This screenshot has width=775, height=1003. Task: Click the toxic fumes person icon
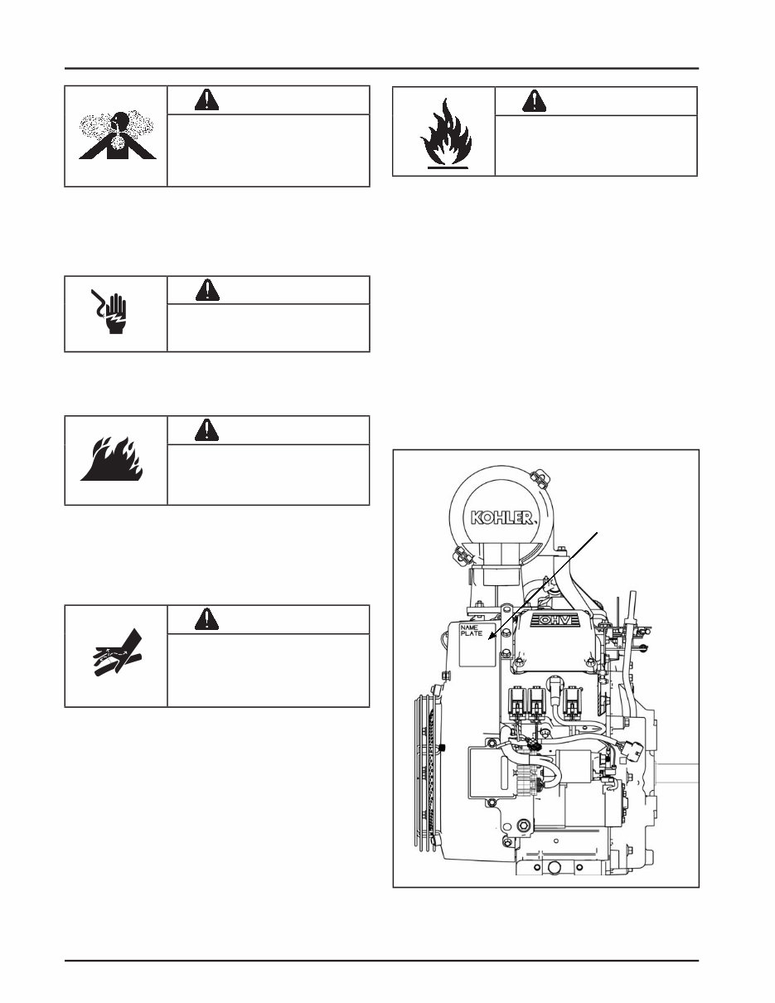click(x=116, y=135)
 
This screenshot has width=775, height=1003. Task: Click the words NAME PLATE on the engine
click(x=472, y=632)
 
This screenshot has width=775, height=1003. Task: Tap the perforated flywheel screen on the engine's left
click(x=429, y=771)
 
